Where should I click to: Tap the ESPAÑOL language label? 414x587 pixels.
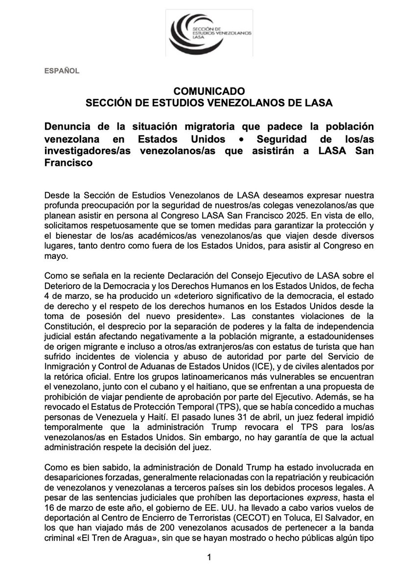(63, 70)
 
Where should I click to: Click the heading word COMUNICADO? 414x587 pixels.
(207, 91)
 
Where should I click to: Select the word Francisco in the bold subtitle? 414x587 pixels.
(69, 163)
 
